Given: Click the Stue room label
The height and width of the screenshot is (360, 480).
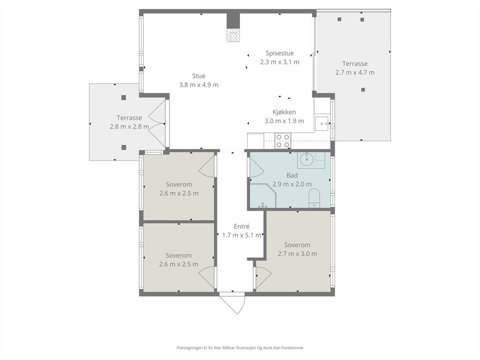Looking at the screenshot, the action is [x=199, y=76].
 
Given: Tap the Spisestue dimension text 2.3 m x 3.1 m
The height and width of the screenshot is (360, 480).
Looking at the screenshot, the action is [x=280, y=62].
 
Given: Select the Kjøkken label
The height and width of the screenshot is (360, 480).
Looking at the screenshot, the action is [x=285, y=112].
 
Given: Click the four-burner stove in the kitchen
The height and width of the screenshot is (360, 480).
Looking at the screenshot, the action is [x=283, y=141].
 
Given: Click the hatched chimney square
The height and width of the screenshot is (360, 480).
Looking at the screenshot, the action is [x=233, y=35].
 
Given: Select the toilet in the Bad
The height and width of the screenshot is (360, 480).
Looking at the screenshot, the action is [x=314, y=198].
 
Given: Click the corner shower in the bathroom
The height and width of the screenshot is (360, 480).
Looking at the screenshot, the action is [x=263, y=196].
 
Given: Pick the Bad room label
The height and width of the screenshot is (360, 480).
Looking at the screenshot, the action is [x=292, y=175].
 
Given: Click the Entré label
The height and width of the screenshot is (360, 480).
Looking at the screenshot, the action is [x=241, y=226].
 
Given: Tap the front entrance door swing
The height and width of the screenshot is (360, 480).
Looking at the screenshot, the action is [x=232, y=303].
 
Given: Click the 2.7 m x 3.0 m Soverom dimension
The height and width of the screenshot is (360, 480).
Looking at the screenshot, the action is [x=298, y=254].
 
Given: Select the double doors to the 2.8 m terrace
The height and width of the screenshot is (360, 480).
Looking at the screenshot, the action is [x=157, y=124].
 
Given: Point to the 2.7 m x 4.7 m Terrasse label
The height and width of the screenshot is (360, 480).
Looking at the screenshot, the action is [x=355, y=64].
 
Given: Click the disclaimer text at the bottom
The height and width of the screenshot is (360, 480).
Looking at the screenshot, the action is [x=240, y=348].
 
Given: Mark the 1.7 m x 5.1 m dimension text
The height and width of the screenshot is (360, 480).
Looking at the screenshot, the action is [x=242, y=235].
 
